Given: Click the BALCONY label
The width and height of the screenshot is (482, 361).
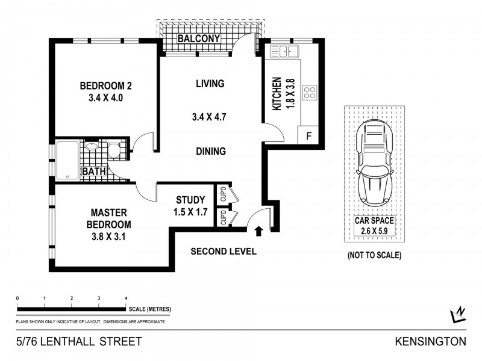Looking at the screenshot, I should [x=198, y=40].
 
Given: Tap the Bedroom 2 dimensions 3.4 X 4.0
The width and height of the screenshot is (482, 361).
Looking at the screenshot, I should [x=105, y=98].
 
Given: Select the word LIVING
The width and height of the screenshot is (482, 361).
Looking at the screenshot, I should [x=210, y=84].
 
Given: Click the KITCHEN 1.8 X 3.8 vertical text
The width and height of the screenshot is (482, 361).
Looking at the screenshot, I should [x=281, y=93].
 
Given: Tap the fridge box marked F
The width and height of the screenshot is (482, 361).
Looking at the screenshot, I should [x=308, y=135].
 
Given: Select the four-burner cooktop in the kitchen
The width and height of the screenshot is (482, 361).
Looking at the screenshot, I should [x=309, y=93].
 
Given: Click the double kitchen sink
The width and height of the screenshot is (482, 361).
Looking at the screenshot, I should [x=284, y=51].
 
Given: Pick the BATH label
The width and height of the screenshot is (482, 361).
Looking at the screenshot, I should [x=93, y=171].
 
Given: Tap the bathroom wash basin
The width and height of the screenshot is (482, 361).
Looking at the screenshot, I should [x=92, y=146].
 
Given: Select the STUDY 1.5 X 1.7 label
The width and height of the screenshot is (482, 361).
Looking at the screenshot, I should [x=190, y=206].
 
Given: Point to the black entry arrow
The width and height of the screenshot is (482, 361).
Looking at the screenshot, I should [x=259, y=230].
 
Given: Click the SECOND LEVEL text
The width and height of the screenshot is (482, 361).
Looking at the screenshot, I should [x=223, y=251].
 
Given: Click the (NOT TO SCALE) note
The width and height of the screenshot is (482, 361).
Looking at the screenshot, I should [x=374, y=255].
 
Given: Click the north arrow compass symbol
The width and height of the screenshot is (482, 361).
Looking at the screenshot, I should [x=459, y=315].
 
